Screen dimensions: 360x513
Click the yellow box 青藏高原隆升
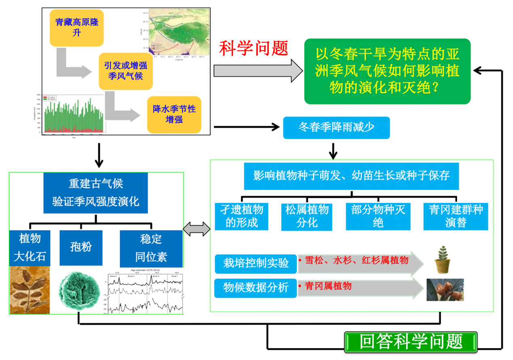point(77,27)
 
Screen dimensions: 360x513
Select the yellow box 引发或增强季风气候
point(125,70)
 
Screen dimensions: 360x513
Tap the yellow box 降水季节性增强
point(174,114)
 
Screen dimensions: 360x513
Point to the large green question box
point(387,71)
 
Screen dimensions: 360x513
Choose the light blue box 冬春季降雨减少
point(336,127)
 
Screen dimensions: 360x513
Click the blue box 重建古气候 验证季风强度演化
point(96,193)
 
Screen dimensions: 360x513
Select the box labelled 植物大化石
point(30,248)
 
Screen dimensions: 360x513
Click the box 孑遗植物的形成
point(242,216)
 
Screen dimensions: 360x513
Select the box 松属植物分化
point(307,216)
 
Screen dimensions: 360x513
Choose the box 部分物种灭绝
point(378,216)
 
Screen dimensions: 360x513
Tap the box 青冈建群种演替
point(456,216)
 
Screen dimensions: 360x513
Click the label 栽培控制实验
point(256,263)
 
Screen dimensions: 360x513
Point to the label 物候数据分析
point(256,288)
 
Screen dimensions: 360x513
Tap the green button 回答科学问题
point(411,342)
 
